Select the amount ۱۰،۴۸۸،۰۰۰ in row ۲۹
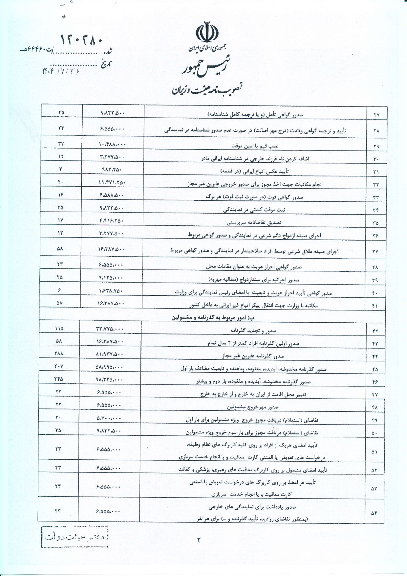112,144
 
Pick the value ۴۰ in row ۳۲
61,182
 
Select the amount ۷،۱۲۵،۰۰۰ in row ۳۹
111,278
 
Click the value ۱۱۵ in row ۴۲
59,328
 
